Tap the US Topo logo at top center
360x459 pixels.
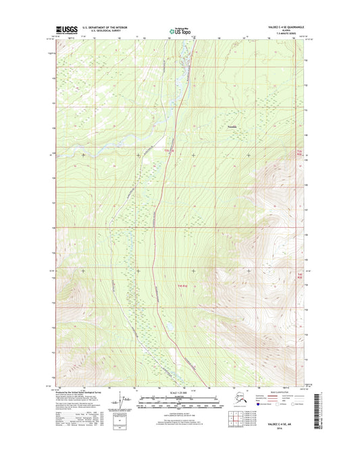pos(180,30)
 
